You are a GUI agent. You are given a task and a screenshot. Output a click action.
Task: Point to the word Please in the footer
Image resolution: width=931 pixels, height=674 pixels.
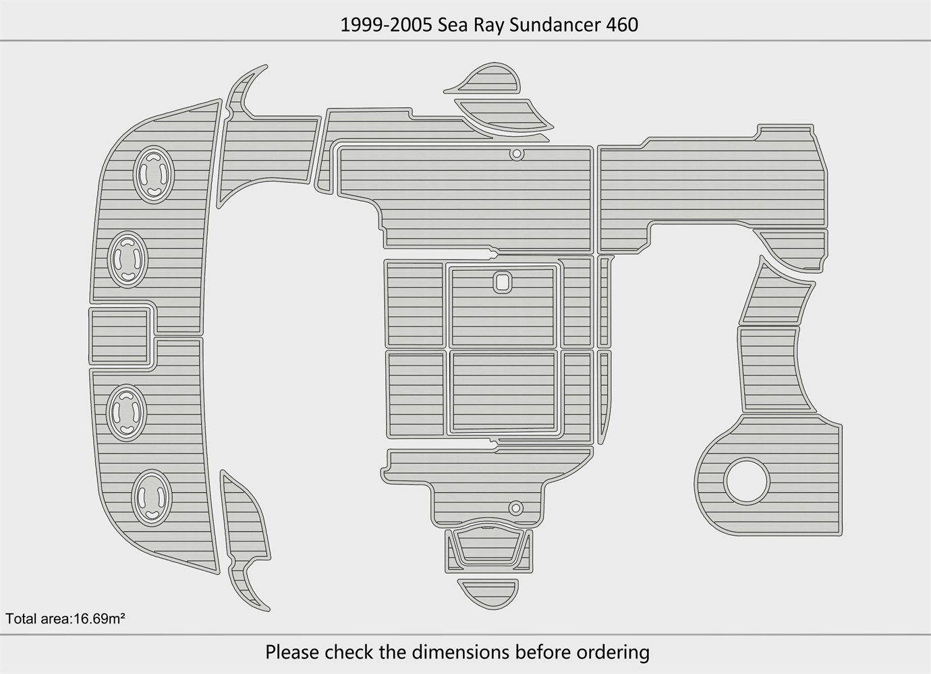[x=292, y=652]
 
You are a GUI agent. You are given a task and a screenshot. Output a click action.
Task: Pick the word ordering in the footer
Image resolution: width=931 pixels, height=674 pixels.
[x=617, y=652]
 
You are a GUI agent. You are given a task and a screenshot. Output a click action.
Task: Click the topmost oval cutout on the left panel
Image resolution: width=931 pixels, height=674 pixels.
[x=154, y=174]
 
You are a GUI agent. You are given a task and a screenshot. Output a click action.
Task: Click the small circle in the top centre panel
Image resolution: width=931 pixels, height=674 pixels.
[x=516, y=154]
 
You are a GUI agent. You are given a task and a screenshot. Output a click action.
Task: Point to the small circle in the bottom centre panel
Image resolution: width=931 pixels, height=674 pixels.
[x=515, y=507]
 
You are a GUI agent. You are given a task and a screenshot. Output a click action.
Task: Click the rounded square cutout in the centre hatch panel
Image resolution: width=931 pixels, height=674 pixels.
[x=503, y=282]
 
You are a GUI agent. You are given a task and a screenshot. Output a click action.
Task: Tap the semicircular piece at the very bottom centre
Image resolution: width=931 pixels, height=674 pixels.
[x=488, y=591]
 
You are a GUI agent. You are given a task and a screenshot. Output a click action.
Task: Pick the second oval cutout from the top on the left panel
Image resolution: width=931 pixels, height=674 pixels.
[x=128, y=258]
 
